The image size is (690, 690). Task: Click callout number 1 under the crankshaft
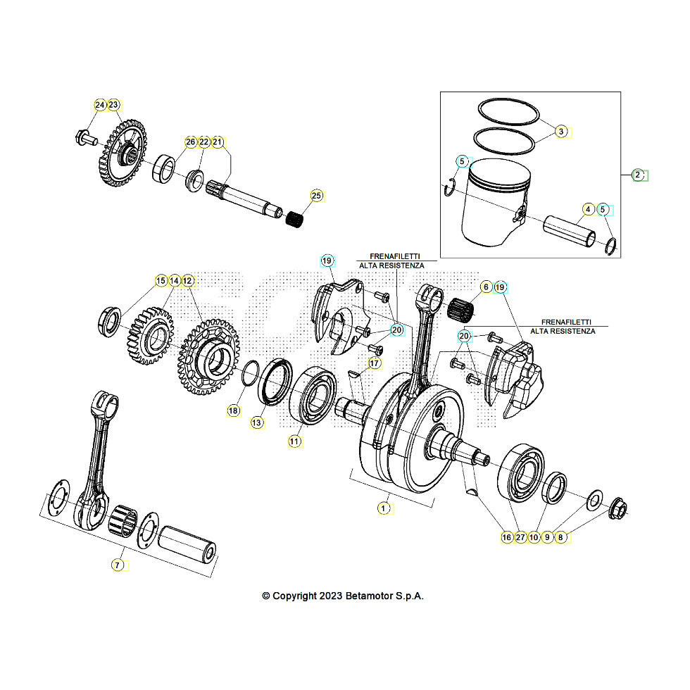[x=384, y=507]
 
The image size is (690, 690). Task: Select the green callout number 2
[x=636, y=175]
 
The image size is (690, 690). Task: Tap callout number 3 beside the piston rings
[x=561, y=132]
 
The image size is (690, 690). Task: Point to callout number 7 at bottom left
[x=118, y=564]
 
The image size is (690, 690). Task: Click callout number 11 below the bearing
[x=294, y=441]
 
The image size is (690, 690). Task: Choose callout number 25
[x=316, y=195]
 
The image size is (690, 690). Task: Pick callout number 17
[x=374, y=363]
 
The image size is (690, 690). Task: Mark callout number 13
[x=257, y=422]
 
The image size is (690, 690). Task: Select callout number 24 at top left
[x=100, y=106]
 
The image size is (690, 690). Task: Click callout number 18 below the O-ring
[x=233, y=410]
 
